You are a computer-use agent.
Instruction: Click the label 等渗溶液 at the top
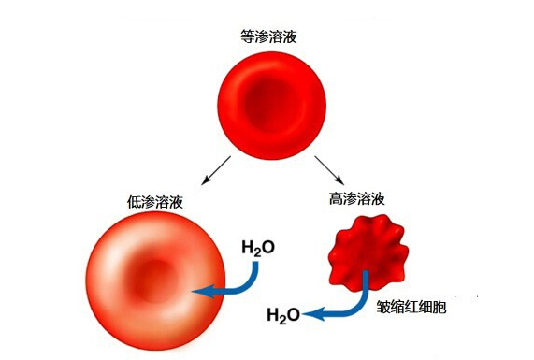coord(268,36)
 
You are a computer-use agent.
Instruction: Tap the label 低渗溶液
coord(155,202)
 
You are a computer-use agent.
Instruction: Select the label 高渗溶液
coord(357,198)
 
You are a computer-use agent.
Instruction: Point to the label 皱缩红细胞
coord(411,308)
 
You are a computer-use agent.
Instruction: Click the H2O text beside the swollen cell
coord(258,248)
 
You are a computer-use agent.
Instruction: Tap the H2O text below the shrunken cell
coord(283,315)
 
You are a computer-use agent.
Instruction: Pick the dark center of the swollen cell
coord(155,281)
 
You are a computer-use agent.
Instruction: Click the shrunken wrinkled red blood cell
coord(368,252)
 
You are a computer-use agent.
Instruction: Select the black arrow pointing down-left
coord(216,170)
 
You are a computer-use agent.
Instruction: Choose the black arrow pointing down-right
coord(329,170)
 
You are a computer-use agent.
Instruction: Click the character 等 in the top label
coord(248,36)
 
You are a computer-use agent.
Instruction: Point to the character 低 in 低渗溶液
coord(134,202)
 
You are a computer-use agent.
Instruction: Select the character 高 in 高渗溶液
coord(336,198)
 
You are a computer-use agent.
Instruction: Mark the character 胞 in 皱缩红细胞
coord(440,308)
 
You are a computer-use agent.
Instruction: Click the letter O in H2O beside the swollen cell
coord(268,247)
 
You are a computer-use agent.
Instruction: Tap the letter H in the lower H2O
coord(273,314)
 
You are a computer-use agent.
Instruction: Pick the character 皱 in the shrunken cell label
coord(383,308)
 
